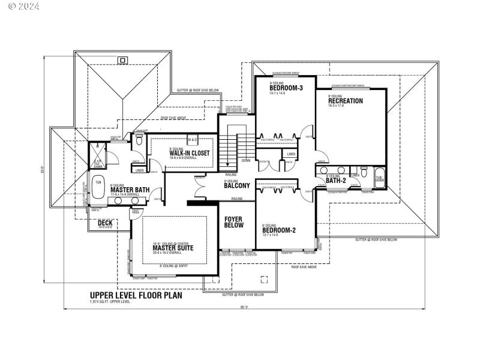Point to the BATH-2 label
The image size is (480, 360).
[x=336, y=180]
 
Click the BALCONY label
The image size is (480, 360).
[x=237, y=185]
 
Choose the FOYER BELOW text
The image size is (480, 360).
[x=233, y=223]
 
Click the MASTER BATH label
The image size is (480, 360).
[x=125, y=190]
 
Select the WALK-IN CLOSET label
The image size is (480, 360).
[x=189, y=153]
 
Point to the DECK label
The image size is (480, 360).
[x=105, y=223]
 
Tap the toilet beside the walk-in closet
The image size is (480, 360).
[x=139, y=140]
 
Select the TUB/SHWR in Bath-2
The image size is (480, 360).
[x=379, y=178]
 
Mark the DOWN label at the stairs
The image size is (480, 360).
[x=246, y=161]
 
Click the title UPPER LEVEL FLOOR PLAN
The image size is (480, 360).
[x=136, y=295]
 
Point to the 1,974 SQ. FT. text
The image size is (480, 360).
[x=109, y=302]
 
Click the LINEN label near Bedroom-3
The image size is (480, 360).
[x=291, y=154]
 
